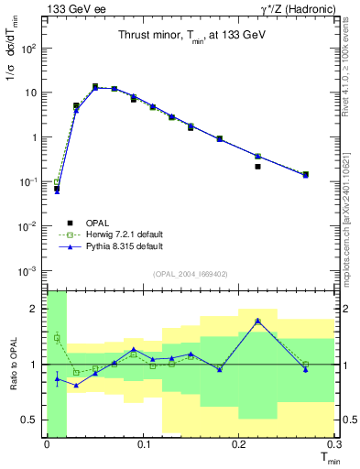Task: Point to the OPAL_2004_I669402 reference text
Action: click(190, 273)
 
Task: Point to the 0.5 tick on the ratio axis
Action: click(32, 420)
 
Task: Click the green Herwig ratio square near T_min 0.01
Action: click(57, 337)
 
